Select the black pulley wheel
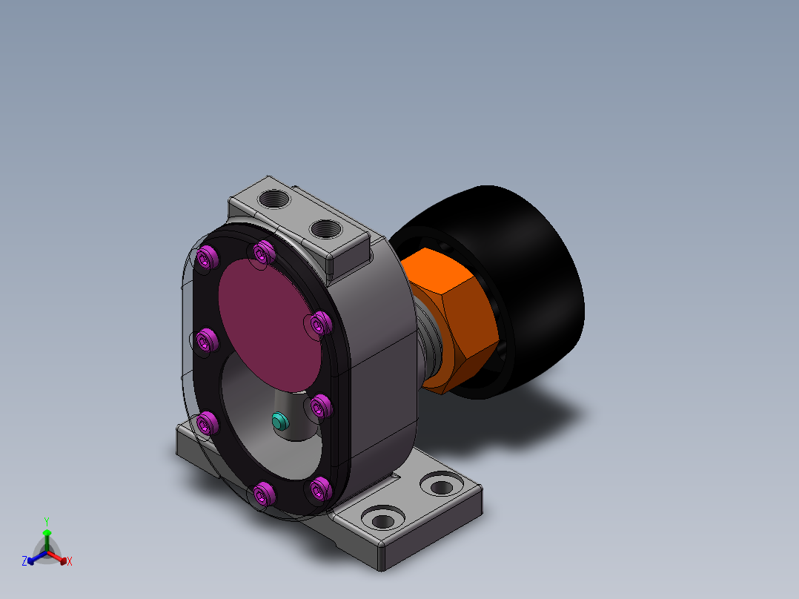[x=530, y=291]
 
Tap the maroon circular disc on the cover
[x=270, y=325]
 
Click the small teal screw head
[x=279, y=421]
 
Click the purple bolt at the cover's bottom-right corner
[x=320, y=489]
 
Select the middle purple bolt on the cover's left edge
[x=207, y=340]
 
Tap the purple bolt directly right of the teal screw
[x=321, y=406]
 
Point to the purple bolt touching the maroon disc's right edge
[x=320, y=323]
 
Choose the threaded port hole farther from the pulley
[x=275, y=198]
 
